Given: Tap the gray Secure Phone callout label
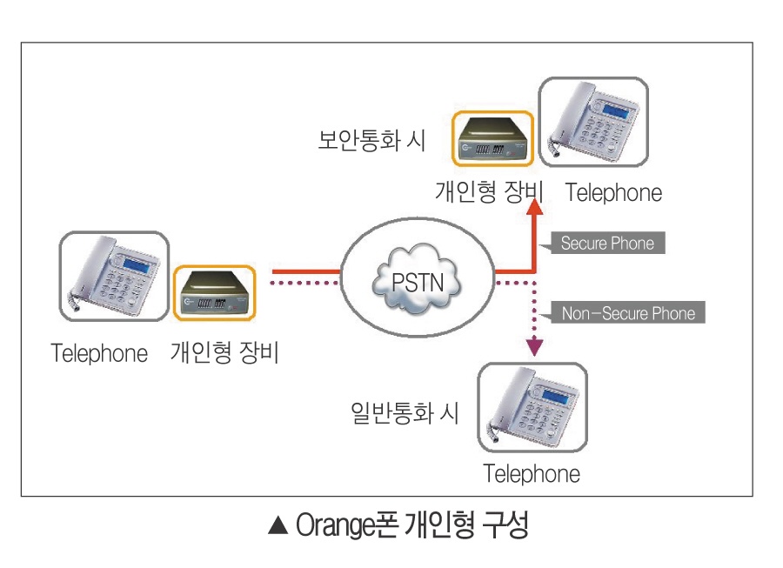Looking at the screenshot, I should coord(606,243).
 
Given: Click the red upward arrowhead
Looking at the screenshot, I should coord(535,206).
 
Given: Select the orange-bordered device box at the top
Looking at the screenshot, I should coord(492,137).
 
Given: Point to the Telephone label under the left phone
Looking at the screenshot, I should coord(99,354).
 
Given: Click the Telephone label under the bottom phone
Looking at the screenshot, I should coord(532,474).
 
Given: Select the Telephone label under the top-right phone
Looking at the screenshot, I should coord(613,192).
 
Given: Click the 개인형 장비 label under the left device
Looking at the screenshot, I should coord(224,353).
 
